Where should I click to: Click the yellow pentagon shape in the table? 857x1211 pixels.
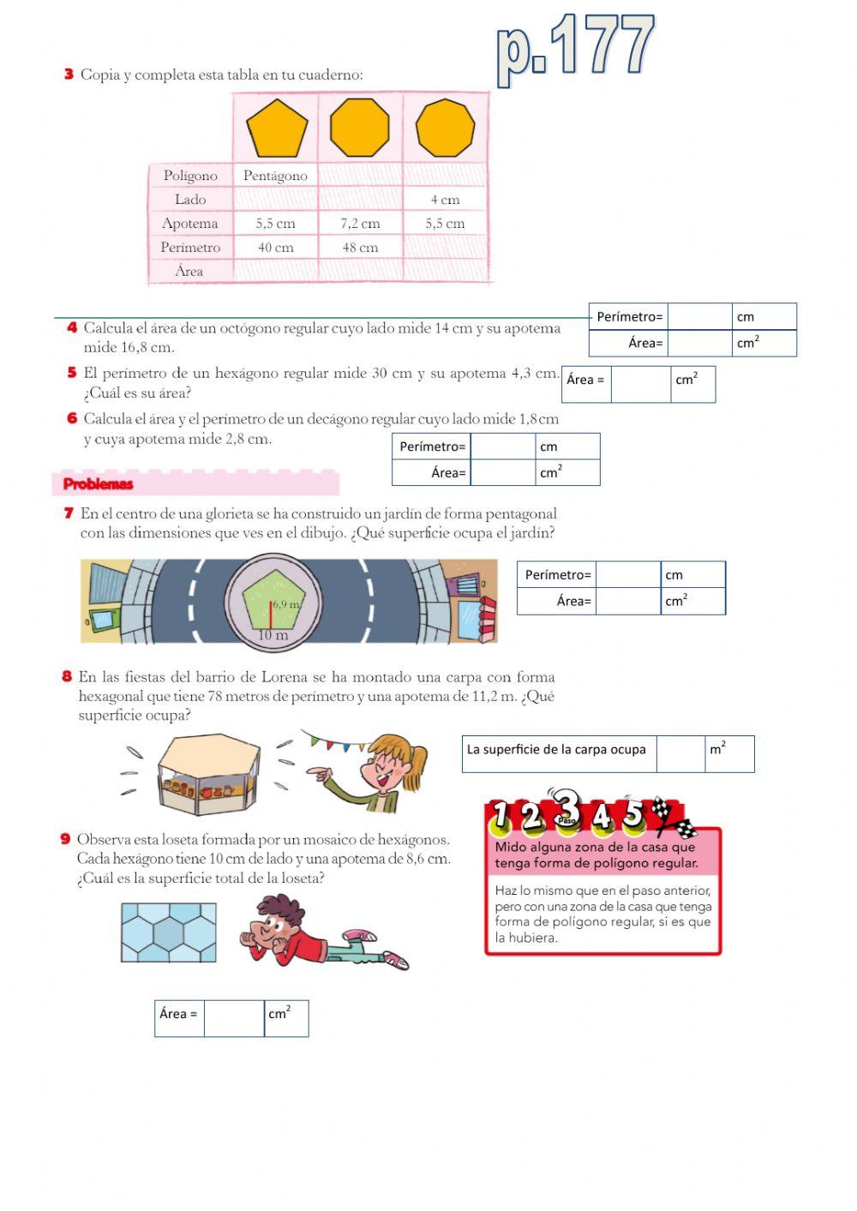coord(276,128)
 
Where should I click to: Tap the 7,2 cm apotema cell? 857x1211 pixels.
coord(360,224)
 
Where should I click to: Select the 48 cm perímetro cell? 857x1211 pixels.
coord(360,248)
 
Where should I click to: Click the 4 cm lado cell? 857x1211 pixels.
coord(445,200)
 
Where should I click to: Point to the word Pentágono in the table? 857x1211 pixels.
coord(275,176)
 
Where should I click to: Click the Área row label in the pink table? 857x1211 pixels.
coord(189,271)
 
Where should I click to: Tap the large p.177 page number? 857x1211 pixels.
coord(575,47)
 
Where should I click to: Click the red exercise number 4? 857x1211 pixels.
coord(72,327)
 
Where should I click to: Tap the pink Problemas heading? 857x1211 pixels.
coord(99,484)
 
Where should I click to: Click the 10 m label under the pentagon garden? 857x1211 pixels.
coord(273,636)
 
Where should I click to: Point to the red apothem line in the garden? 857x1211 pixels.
coord(271,614)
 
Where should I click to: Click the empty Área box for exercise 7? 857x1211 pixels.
coord(627,601)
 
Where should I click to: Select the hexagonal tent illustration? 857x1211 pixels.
coord(208,774)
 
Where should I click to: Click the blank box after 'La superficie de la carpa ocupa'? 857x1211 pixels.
coord(681,754)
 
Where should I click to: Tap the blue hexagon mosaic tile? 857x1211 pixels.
coord(168,932)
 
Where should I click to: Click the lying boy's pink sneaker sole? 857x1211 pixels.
coord(397,961)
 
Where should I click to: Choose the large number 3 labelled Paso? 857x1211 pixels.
coord(566,807)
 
